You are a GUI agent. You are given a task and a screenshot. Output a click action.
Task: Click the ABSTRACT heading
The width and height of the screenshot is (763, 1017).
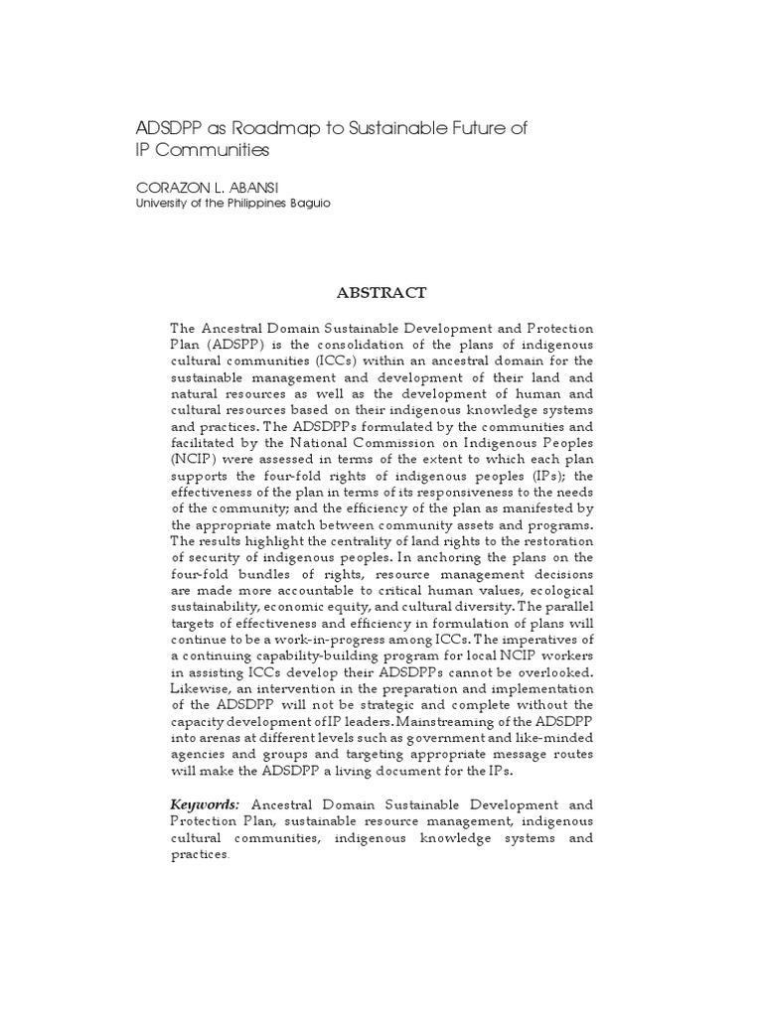click(381, 292)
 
